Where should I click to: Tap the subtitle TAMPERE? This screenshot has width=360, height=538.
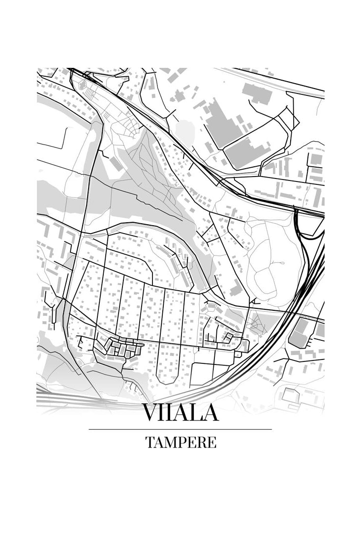click(180, 442)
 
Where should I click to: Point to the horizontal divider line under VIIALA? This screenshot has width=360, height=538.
click(180, 429)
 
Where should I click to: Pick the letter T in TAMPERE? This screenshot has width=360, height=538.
click(149, 442)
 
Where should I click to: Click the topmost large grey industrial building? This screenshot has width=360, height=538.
click(257, 93)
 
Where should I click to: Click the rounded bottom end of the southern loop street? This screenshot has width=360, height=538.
click(168, 379)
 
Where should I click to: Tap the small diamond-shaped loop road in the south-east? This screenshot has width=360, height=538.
click(228, 337)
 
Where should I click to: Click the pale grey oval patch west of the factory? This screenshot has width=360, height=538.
click(185, 130)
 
